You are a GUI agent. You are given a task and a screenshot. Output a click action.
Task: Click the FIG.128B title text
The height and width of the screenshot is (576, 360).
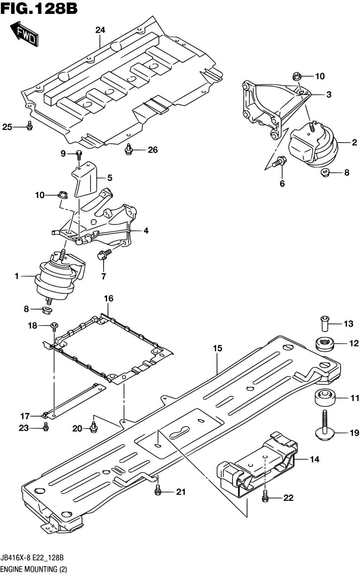(39, 8)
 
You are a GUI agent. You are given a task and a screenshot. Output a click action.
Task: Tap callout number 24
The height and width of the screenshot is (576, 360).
(100, 30)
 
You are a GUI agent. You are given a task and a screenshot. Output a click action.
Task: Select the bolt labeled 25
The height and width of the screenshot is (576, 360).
(30, 126)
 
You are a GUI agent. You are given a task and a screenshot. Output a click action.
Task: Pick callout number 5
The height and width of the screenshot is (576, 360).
(110, 178)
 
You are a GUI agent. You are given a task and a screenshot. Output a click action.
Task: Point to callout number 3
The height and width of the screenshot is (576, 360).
(329, 95)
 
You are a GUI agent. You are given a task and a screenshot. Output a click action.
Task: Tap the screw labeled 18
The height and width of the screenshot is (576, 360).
(54, 326)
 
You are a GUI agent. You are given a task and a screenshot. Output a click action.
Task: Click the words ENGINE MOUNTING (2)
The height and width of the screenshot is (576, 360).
(34, 569)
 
